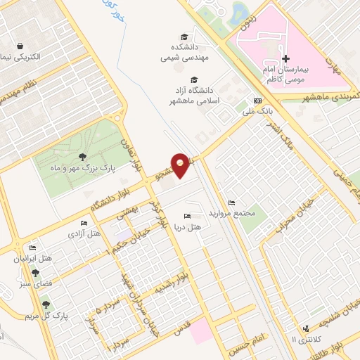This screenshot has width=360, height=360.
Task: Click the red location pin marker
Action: tap(181, 165)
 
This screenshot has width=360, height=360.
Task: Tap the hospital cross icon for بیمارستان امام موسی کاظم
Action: tap(285, 58)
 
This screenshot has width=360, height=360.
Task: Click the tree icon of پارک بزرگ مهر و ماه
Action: tap(84, 156)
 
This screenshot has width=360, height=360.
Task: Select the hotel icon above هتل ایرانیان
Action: tap(32, 247)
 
